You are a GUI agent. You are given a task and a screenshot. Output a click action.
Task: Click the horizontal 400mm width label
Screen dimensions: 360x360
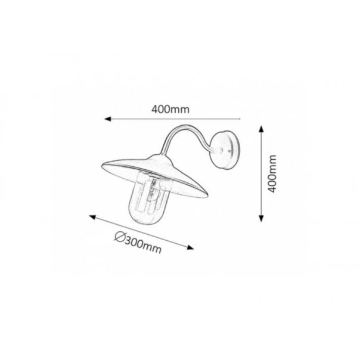(x=170, y=109)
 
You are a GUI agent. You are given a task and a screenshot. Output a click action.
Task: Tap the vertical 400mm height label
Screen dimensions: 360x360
(x=272, y=173)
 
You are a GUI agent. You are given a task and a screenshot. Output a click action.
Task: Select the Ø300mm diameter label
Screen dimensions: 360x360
(x=138, y=243)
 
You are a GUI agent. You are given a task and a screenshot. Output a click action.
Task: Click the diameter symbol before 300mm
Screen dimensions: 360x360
(x=119, y=237)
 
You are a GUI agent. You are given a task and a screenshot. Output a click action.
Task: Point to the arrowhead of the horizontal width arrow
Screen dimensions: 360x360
(x=107, y=119)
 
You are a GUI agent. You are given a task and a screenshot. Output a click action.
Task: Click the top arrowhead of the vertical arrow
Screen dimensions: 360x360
(x=261, y=129)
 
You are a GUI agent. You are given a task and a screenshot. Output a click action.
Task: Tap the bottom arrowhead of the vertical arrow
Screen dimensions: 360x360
(x=261, y=218)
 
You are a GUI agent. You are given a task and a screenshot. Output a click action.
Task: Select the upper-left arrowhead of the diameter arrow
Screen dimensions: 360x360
(x=92, y=217)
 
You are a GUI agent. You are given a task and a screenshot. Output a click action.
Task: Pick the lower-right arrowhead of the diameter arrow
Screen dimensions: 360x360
(x=190, y=247)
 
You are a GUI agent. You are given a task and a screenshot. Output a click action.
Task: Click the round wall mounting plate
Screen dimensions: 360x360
(x=225, y=150)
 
